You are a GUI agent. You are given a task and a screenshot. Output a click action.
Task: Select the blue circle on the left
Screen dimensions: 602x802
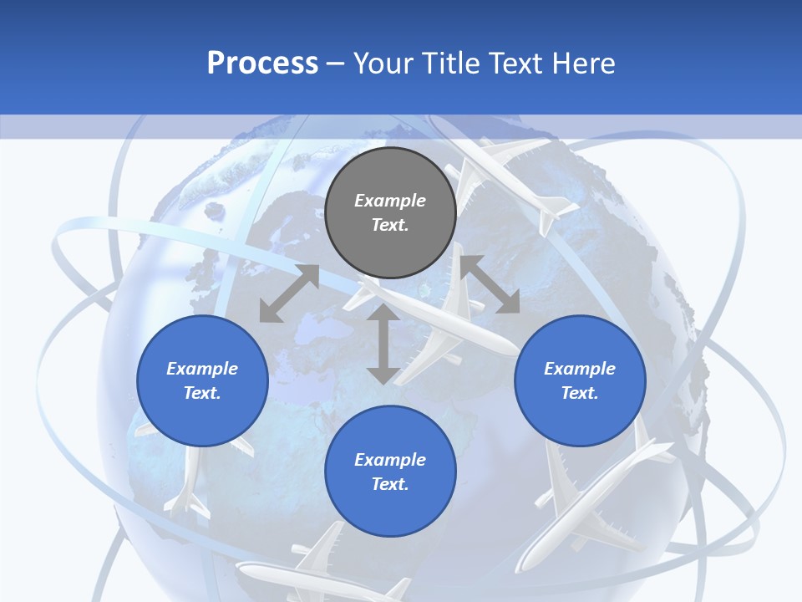pos(202,380)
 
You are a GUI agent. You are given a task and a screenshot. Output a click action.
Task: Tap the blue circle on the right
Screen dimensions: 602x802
pos(580,380)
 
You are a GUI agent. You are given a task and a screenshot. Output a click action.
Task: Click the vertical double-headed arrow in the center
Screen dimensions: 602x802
pos(383,344)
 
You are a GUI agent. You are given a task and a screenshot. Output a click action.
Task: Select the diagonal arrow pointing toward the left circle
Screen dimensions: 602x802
pos(289,293)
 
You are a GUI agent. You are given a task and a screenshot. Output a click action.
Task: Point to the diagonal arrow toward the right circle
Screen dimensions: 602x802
pos(490,284)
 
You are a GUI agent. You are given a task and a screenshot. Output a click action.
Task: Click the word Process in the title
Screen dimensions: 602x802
pos(262,63)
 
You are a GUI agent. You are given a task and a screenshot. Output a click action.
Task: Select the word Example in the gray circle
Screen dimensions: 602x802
pos(390,201)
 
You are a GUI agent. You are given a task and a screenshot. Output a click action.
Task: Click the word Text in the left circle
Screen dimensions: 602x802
pos(200,393)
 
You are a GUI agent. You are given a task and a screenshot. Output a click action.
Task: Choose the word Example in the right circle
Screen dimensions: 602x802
pos(580,369)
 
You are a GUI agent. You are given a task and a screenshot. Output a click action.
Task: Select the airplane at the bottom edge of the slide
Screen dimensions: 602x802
pos(334,569)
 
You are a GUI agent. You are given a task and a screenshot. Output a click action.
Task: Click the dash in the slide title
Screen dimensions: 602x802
pos(336,64)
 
